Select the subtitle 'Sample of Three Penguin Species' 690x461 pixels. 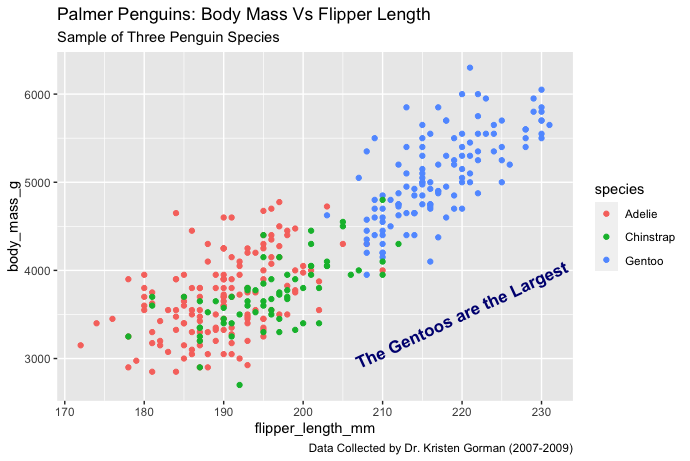tap(168, 38)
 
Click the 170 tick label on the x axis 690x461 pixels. tap(64, 411)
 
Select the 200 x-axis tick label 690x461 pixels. tap(303, 411)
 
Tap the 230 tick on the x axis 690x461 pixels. tap(541, 411)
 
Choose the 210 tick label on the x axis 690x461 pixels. tap(382, 411)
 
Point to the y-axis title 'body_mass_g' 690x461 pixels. tap(15, 226)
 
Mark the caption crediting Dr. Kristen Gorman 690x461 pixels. tap(440, 450)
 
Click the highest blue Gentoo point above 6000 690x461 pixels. tap(470, 68)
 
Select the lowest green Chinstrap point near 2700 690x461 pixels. tap(239, 385)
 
